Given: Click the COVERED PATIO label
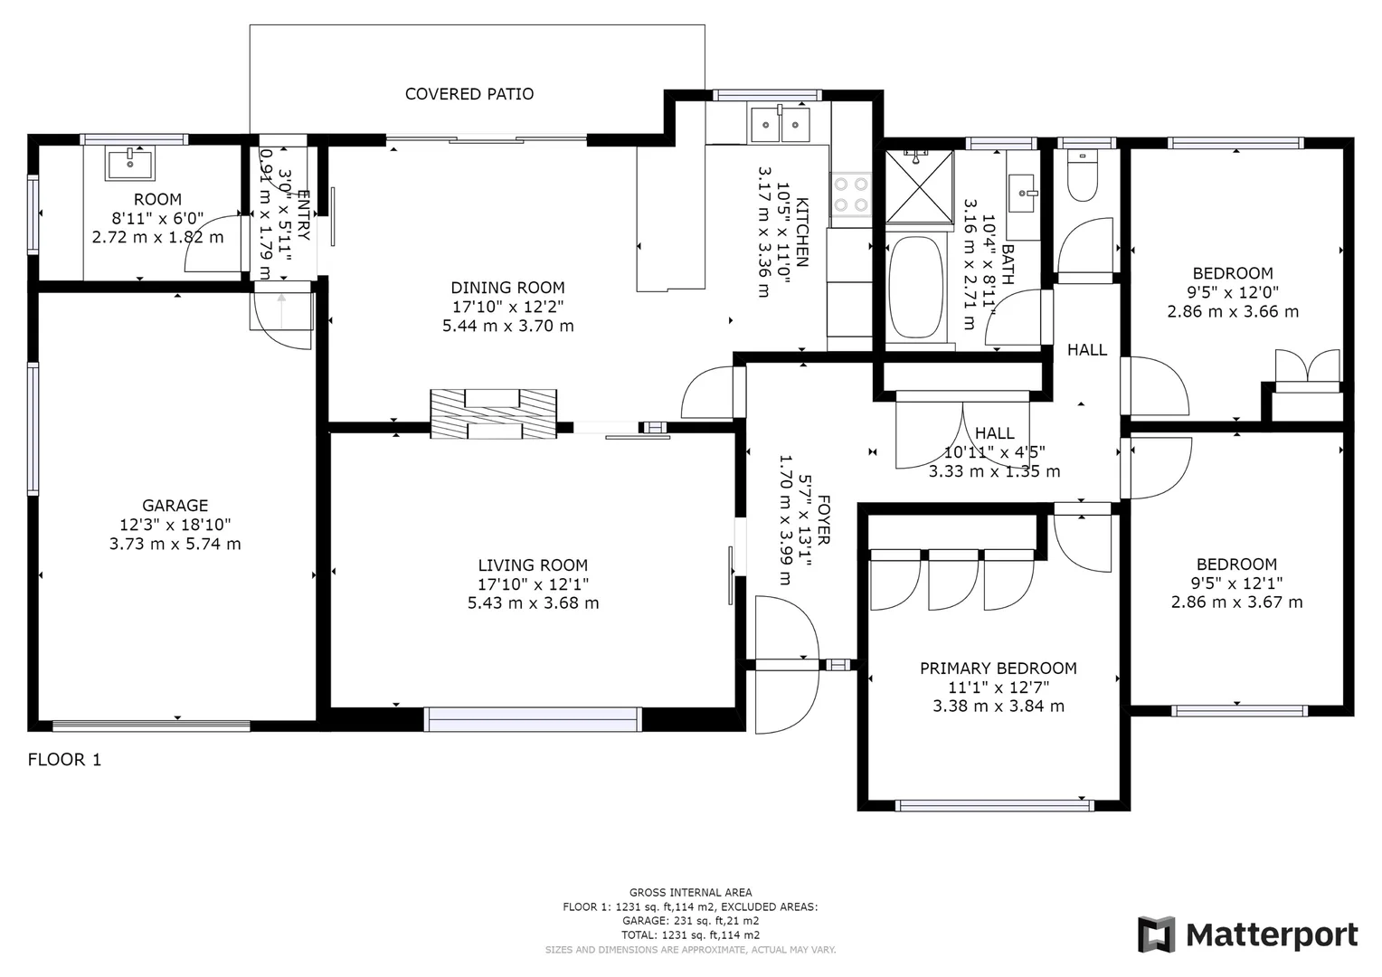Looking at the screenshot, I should (x=469, y=94).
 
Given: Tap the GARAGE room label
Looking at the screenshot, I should (x=175, y=506).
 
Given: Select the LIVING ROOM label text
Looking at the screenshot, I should (x=533, y=565).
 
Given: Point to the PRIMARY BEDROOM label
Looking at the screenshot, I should (x=998, y=669).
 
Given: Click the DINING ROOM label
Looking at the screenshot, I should (x=507, y=288).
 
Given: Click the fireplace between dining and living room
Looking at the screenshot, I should (x=493, y=414).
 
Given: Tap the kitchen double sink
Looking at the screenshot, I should (x=780, y=124).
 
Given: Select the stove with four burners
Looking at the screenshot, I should (x=850, y=194).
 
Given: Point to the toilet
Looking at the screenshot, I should (x=1082, y=177).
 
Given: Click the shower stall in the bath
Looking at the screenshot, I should (x=919, y=186).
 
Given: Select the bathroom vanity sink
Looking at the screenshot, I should (x=1024, y=194).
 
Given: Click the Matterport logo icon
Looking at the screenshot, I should (x=1156, y=934).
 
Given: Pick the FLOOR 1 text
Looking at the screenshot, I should (x=64, y=760).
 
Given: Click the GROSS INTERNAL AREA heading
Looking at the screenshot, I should (x=690, y=893).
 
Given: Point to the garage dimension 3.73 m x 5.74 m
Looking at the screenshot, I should (x=175, y=544).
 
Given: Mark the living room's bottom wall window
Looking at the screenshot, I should (x=533, y=719).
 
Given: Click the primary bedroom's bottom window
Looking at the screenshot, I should (x=993, y=805).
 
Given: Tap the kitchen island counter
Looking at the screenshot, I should (x=670, y=217).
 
